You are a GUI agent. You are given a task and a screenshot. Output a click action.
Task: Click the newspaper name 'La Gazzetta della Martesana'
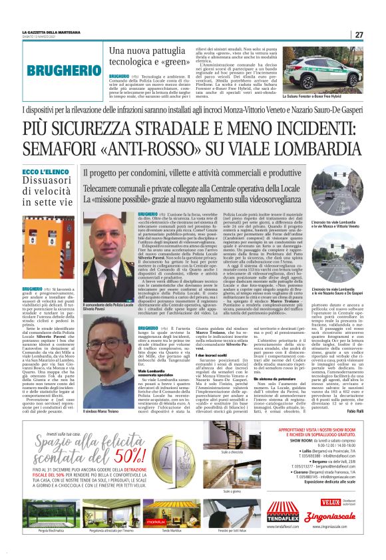[x=53, y=33]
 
